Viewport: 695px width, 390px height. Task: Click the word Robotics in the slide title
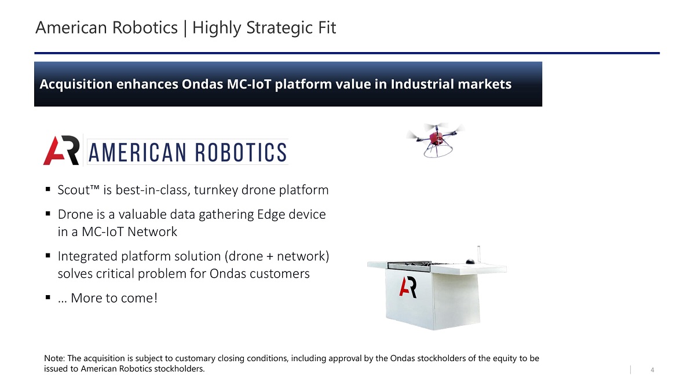click(x=145, y=28)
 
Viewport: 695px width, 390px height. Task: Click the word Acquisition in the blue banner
click(x=76, y=84)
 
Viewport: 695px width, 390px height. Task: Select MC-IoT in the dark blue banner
click(x=249, y=84)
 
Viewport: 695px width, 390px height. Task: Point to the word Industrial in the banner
click(x=421, y=84)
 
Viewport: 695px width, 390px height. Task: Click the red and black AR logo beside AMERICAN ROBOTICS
click(x=61, y=150)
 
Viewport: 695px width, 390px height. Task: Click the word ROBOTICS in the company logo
click(x=240, y=152)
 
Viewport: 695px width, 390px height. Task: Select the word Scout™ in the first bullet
click(x=79, y=190)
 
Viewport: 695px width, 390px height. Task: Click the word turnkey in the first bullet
click(x=216, y=190)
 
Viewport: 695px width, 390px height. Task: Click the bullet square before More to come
click(x=47, y=297)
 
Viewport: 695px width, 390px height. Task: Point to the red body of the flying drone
click(x=436, y=138)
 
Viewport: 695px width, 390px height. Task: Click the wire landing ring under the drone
click(x=437, y=153)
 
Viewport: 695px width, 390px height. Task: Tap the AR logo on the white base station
click(x=408, y=287)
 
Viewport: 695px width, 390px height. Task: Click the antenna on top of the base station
click(x=478, y=254)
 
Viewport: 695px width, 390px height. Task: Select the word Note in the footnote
click(x=54, y=358)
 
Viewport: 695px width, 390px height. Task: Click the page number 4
click(x=652, y=370)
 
